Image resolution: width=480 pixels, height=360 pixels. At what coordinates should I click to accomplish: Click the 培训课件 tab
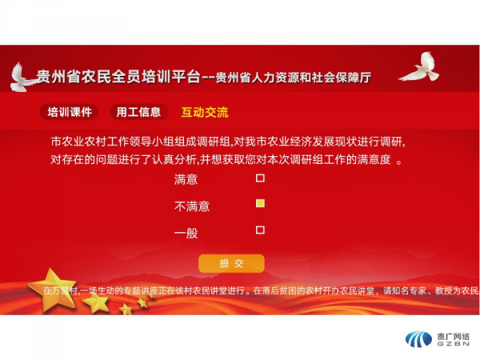[69, 112]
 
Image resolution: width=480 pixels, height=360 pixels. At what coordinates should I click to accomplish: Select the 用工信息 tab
[138, 112]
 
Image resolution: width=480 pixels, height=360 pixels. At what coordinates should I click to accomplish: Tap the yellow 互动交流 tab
[205, 112]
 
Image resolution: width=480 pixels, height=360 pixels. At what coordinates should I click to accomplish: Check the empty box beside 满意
[260, 178]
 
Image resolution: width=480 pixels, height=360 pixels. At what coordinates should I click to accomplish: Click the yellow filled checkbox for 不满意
[260, 203]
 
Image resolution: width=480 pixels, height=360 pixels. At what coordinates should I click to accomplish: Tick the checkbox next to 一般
[260, 230]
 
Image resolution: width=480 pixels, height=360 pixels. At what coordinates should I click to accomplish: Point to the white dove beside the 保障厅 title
[420, 67]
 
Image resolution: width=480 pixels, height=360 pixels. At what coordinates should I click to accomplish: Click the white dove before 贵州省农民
[22, 77]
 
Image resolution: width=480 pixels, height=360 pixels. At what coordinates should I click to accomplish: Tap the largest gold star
[53, 287]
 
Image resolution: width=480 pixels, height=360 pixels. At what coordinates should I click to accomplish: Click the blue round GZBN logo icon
[418, 339]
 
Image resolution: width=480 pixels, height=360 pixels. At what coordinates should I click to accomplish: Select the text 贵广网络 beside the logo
[453, 337]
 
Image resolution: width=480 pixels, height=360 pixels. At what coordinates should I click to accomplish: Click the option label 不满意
[192, 206]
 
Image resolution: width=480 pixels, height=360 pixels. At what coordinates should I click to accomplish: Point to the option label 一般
[186, 234]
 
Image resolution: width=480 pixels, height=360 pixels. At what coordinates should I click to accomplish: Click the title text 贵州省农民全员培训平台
[118, 77]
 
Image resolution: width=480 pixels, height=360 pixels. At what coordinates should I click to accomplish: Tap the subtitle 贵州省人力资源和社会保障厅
[294, 78]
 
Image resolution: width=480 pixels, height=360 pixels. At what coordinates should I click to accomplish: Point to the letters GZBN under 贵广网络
[453, 344]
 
